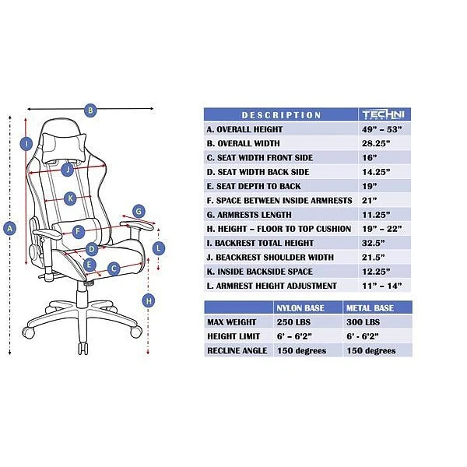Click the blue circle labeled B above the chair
tap(90, 111)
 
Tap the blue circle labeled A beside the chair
tap(10, 228)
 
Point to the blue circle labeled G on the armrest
tap(139, 210)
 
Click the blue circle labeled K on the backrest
tap(70, 198)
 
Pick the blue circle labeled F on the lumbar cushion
tap(78, 232)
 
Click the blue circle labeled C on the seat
tap(114, 269)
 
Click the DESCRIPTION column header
tap(281, 115)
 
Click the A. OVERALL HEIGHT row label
tap(244, 129)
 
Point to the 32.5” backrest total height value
tap(374, 243)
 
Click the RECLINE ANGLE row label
tap(237, 350)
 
